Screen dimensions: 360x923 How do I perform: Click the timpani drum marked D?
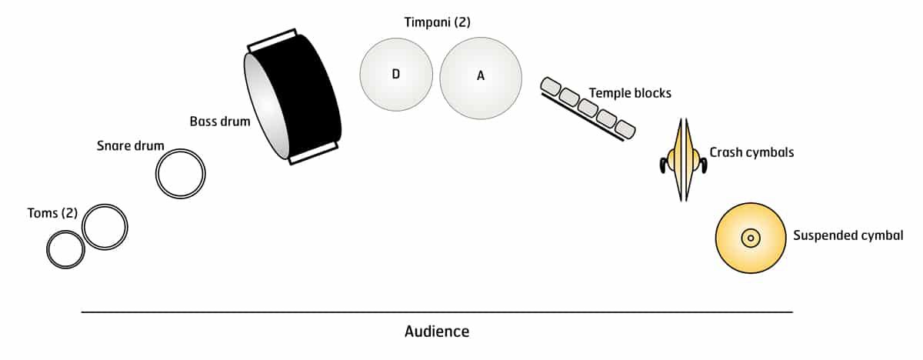[x=395, y=74]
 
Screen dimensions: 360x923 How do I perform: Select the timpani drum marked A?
[x=481, y=78]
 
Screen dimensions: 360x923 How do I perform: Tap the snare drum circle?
[x=181, y=174]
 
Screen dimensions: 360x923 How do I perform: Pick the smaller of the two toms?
[x=65, y=249]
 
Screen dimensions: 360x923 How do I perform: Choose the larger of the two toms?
[x=105, y=227]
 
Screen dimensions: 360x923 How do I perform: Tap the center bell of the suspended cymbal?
[x=750, y=238]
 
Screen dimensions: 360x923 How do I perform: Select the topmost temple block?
[x=551, y=85]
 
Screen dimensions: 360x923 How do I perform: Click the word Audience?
[x=436, y=332]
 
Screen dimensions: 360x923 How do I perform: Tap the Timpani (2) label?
[x=437, y=22]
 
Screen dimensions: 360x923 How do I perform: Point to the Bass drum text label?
[x=220, y=122]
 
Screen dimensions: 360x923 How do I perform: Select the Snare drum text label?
[x=131, y=145]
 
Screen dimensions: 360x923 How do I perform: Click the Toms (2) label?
[x=52, y=213]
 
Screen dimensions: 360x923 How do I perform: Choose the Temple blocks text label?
[x=630, y=93]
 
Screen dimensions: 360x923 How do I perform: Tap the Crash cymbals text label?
[x=751, y=152]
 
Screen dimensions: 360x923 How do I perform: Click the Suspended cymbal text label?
[x=848, y=235]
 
